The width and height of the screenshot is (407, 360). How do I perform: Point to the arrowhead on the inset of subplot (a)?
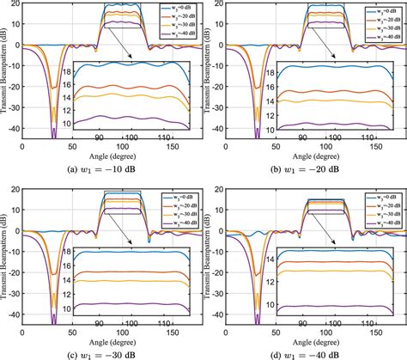coord(131,59)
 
